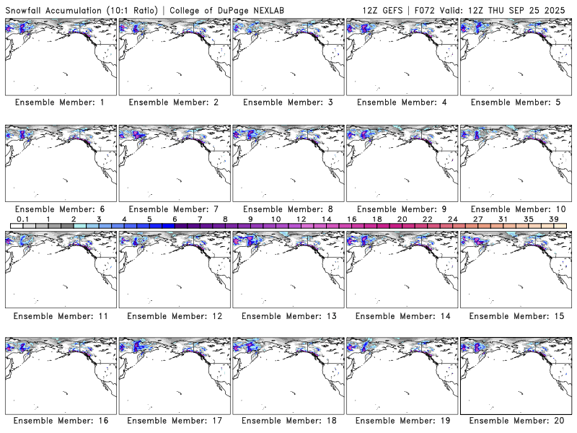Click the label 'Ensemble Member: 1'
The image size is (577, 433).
click(x=60, y=102)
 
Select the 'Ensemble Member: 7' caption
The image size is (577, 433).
click(x=174, y=209)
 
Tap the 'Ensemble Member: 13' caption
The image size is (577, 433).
click(x=288, y=316)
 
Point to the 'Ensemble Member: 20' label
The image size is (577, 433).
click(x=516, y=421)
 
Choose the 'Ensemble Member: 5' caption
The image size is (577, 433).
click(x=516, y=102)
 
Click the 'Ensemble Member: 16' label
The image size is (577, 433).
click(x=60, y=421)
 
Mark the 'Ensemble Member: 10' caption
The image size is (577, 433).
click(x=516, y=209)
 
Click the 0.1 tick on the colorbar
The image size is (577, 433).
click(x=23, y=219)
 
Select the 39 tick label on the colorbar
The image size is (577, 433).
click(x=553, y=219)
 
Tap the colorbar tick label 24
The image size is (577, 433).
click(x=452, y=219)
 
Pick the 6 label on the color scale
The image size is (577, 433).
click(x=175, y=219)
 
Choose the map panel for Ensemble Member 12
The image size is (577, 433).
click(x=174, y=267)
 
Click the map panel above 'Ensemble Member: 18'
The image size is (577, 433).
click(x=288, y=372)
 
